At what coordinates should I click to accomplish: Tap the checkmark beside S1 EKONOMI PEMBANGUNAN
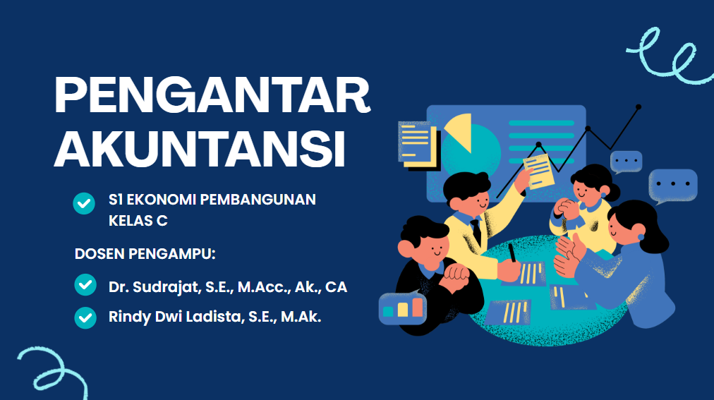click(85, 202)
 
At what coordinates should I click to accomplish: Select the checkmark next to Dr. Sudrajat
click(85, 286)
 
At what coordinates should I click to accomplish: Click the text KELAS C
click(138, 221)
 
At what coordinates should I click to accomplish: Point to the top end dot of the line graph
click(639, 107)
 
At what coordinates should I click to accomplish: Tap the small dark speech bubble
click(626, 162)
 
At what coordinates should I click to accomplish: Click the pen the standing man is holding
click(512, 253)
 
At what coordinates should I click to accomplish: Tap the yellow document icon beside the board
click(417, 142)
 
